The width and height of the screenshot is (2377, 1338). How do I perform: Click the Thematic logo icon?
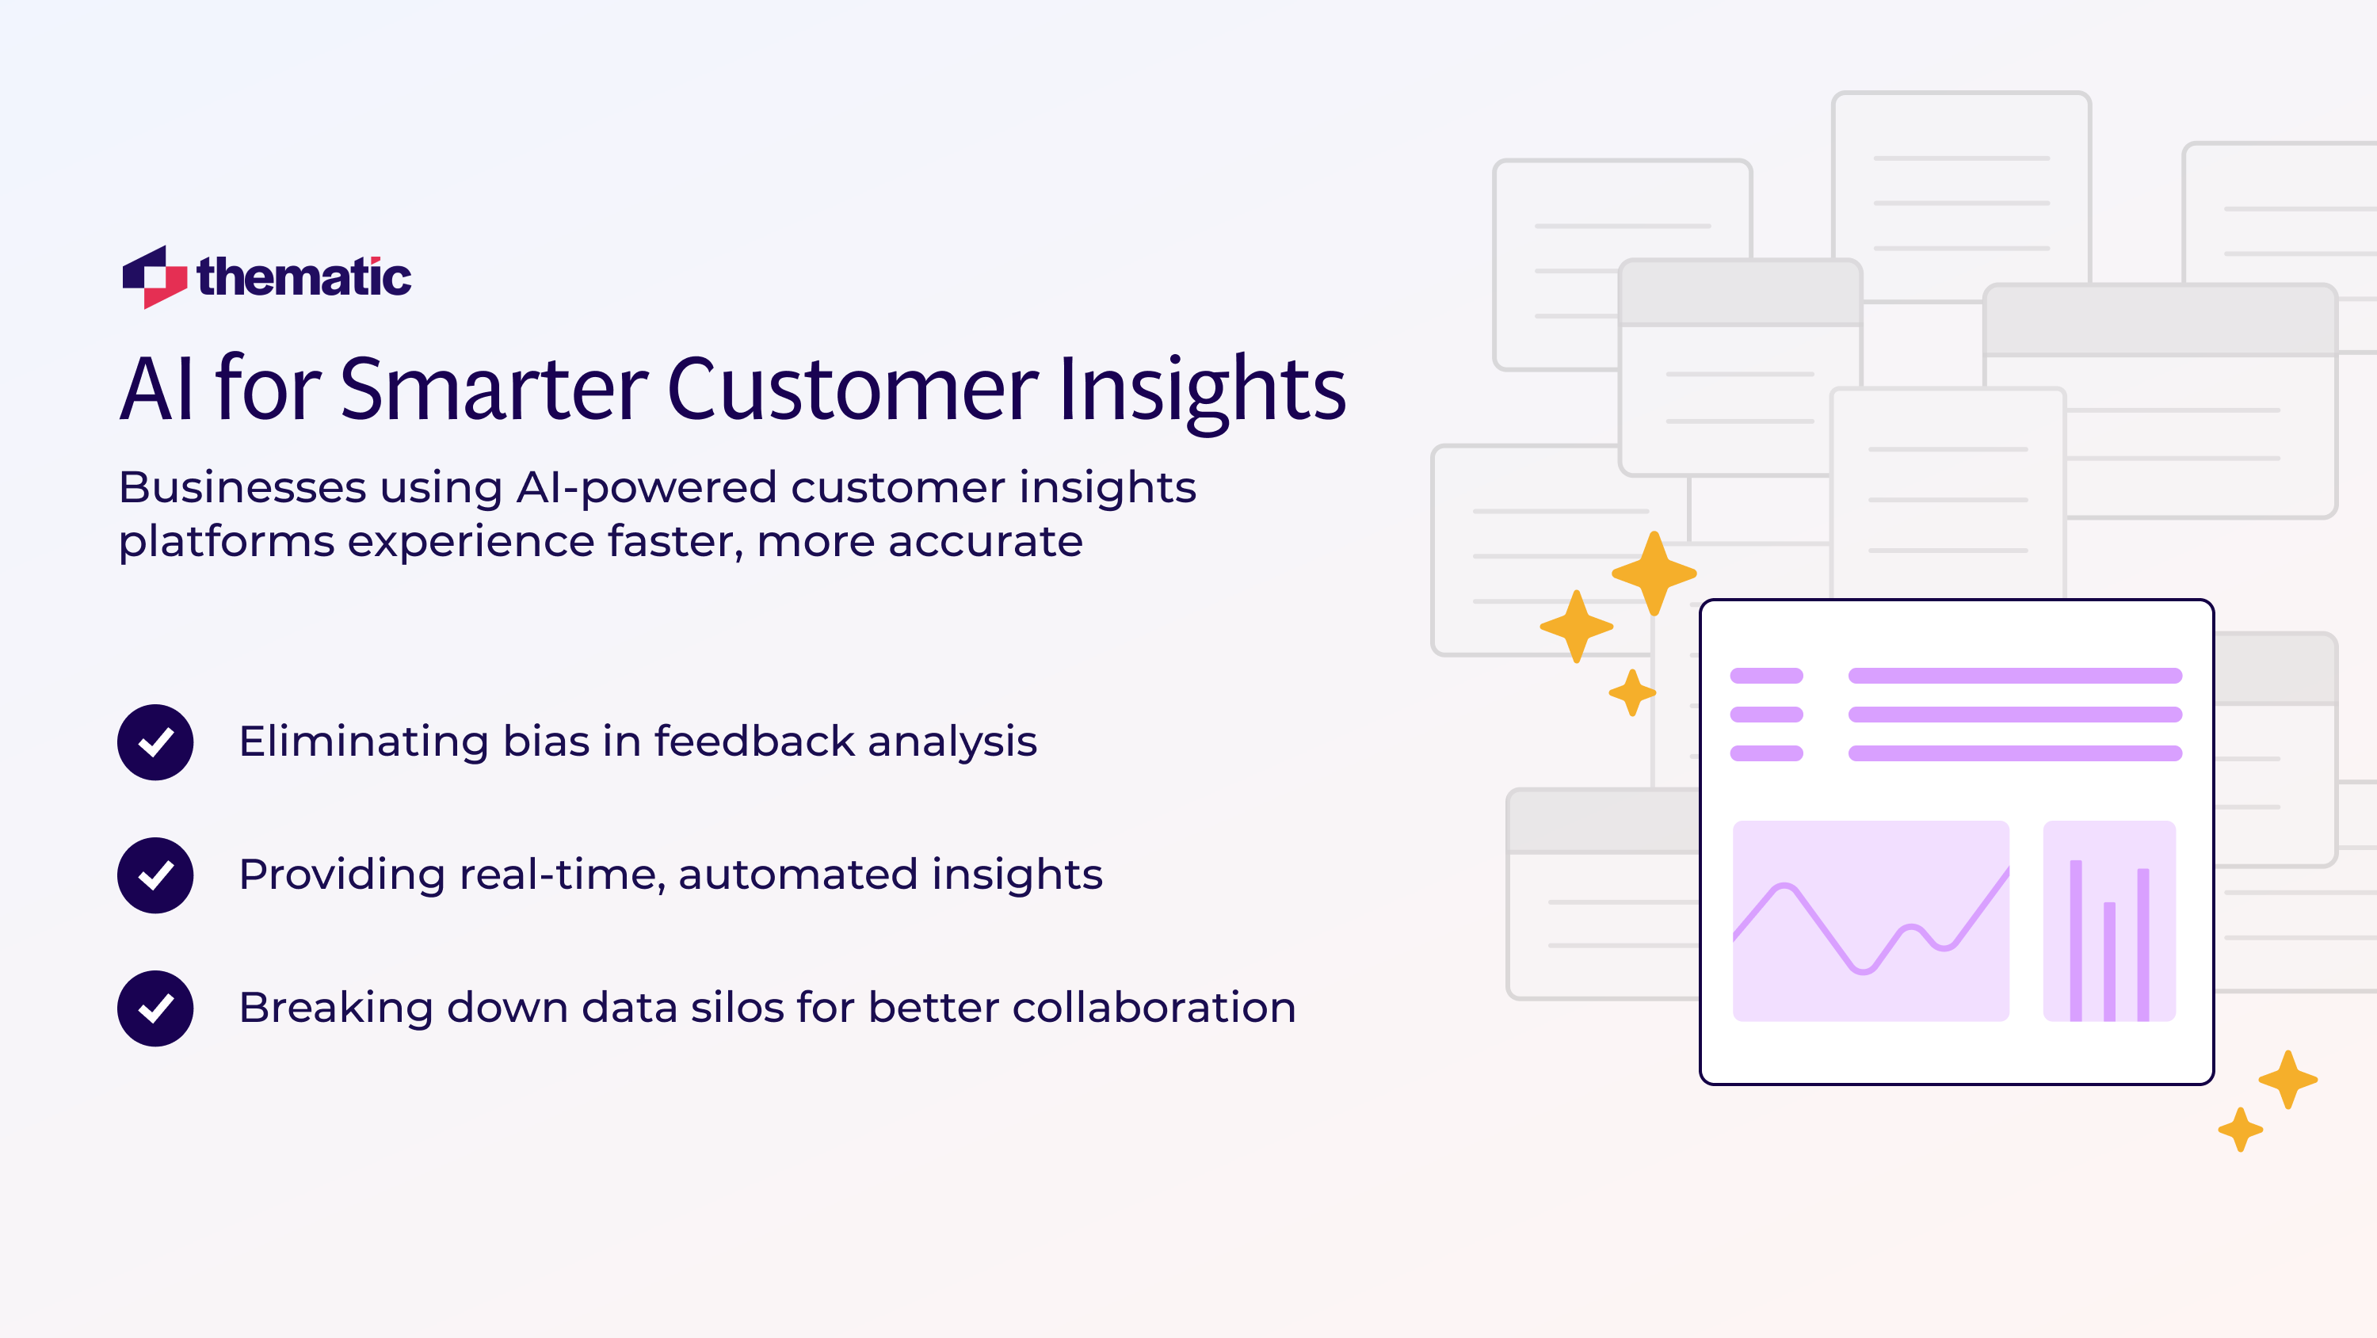(x=154, y=276)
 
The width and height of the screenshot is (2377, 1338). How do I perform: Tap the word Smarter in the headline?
(x=494, y=390)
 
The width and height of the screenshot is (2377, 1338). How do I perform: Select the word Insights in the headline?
(x=1201, y=390)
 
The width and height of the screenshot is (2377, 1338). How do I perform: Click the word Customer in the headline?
(x=853, y=390)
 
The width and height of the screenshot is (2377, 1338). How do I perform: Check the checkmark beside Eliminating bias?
(x=155, y=742)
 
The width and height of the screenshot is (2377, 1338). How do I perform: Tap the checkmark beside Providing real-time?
(x=155, y=875)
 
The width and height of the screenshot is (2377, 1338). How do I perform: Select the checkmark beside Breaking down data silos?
(x=155, y=1008)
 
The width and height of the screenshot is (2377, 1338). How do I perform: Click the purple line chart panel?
(x=1871, y=920)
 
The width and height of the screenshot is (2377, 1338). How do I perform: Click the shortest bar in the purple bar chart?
(x=2109, y=961)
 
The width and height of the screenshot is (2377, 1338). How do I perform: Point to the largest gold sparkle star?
(x=1654, y=573)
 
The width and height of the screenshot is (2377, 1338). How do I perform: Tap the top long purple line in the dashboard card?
(x=2014, y=676)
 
